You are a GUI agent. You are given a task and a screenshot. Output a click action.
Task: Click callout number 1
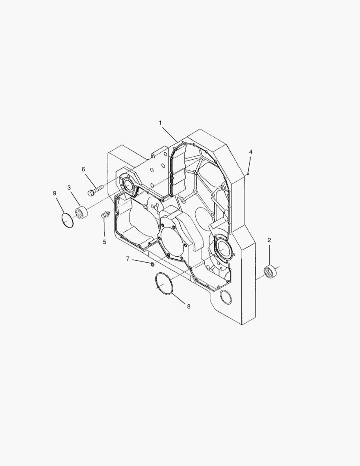pos(160,123)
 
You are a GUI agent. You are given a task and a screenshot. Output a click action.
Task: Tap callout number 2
pos(269,240)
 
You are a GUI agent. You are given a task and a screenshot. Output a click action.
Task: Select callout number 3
pos(69,187)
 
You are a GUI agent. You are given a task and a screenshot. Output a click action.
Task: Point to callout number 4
pos(250,152)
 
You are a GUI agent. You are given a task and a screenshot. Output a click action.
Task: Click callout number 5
pos(104,242)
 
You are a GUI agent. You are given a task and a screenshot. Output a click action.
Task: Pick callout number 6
pos(83,169)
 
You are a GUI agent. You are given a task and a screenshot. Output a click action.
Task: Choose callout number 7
pos(128,258)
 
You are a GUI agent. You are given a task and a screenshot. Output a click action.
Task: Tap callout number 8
pos(188,306)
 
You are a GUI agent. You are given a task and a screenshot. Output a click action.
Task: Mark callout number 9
pos(55,193)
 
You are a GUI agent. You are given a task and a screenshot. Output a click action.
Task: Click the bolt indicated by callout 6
pos(95,190)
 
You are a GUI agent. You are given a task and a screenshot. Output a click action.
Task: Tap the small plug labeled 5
pos(105,214)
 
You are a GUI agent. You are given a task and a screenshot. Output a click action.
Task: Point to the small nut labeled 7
pos(153,263)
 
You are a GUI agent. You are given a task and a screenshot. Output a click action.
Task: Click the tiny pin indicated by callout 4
pos(249,173)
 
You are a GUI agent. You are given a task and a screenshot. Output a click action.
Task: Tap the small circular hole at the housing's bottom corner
pos(225,297)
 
